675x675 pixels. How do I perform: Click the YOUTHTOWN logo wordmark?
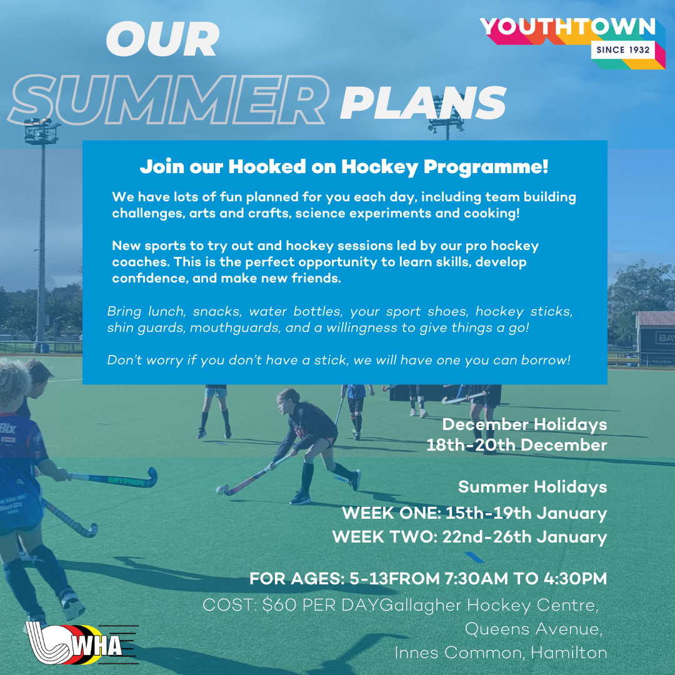point(567,27)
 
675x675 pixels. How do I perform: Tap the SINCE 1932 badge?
point(623,50)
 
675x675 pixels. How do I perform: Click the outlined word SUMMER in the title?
point(169,100)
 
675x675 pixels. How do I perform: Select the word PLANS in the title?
point(423,103)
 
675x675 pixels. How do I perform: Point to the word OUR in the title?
point(162,39)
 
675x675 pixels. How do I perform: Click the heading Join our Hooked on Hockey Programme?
point(344,167)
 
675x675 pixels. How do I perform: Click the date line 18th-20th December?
point(517,445)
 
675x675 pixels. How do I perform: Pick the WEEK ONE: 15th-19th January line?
point(474,513)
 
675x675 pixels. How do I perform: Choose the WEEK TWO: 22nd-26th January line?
point(469,537)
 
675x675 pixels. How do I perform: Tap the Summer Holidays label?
point(532,487)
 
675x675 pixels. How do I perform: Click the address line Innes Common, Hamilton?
point(501,652)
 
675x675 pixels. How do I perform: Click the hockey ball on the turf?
point(221,489)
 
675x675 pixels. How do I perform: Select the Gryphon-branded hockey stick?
point(112,479)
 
